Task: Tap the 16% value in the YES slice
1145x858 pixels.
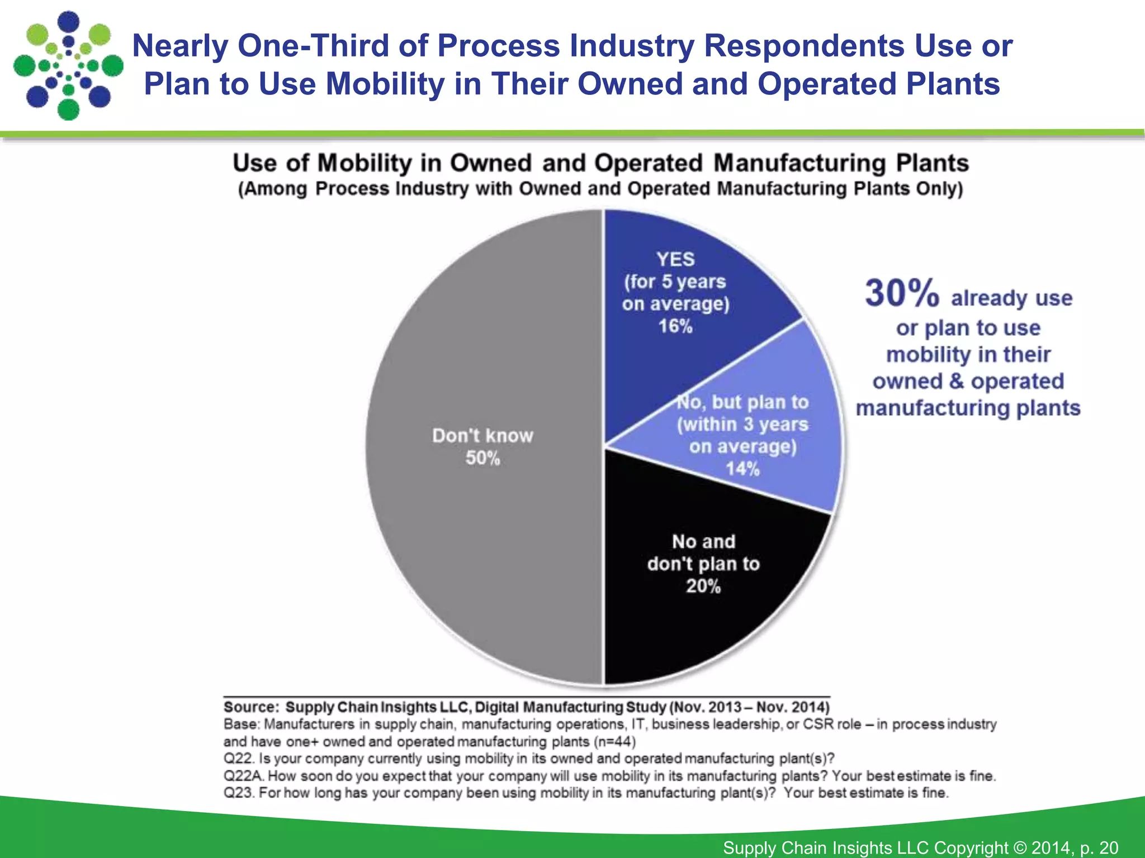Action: pos(675,326)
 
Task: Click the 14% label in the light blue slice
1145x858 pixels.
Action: pos(742,469)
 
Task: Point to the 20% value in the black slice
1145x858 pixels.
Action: pos(703,586)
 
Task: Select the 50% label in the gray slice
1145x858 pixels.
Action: pos(482,458)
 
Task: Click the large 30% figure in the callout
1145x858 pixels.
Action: pos(901,294)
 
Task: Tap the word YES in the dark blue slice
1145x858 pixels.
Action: pos(675,259)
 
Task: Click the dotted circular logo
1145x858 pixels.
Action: pos(68,66)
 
